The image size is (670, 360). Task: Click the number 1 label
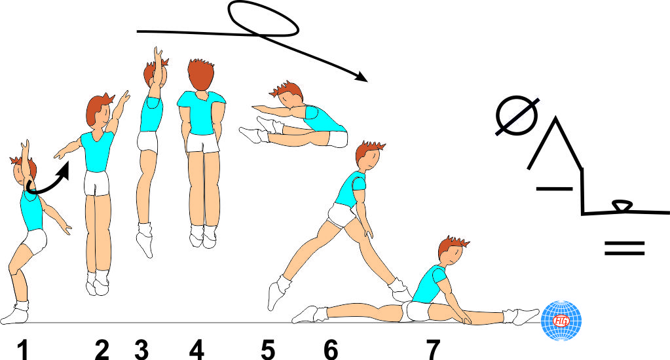tap(24, 350)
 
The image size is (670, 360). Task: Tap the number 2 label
tap(102, 350)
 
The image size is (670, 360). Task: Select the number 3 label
tap(141, 350)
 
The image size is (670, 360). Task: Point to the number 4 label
tap(196, 350)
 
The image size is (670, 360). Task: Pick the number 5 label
tap(267, 350)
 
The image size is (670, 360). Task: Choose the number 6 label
tap(331, 350)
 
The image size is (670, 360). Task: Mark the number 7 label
tap(432, 350)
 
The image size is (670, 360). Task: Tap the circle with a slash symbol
tap(517, 117)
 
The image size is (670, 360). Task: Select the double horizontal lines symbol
tap(624, 247)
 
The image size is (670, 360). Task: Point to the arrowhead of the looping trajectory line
tap(361, 78)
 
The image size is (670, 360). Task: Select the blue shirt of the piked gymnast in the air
tap(323, 119)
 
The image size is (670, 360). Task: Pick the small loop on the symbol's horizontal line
tap(621, 207)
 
